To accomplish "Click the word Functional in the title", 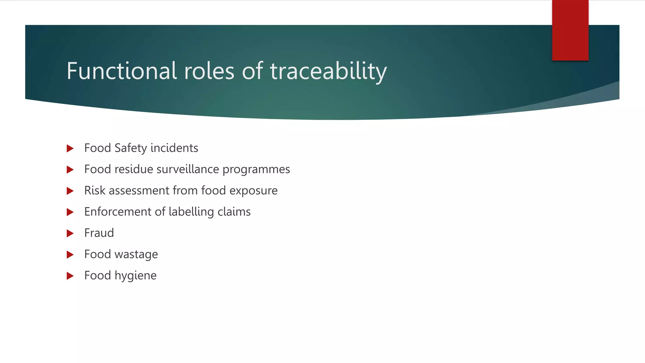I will pyautogui.click(x=122, y=71).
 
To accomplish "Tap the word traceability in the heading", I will pyautogui.click(x=328, y=72).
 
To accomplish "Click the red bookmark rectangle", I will pyautogui.click(x=570, y=30).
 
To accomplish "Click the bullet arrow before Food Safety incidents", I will pyautogui.click(x=70, y=148).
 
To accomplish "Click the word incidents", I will pyautogui.click(x=174, y=148).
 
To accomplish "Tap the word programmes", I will pyautogui.click(x=256, y=170).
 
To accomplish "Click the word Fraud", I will pyautogui.click(x=99, y=233).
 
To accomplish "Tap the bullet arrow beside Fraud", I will pyautogui.click(x=70, y=233).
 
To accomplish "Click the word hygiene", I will pyautogui.click(x=135, y=276).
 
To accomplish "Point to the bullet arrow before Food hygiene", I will pyautogui.click(x=70, y=276).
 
